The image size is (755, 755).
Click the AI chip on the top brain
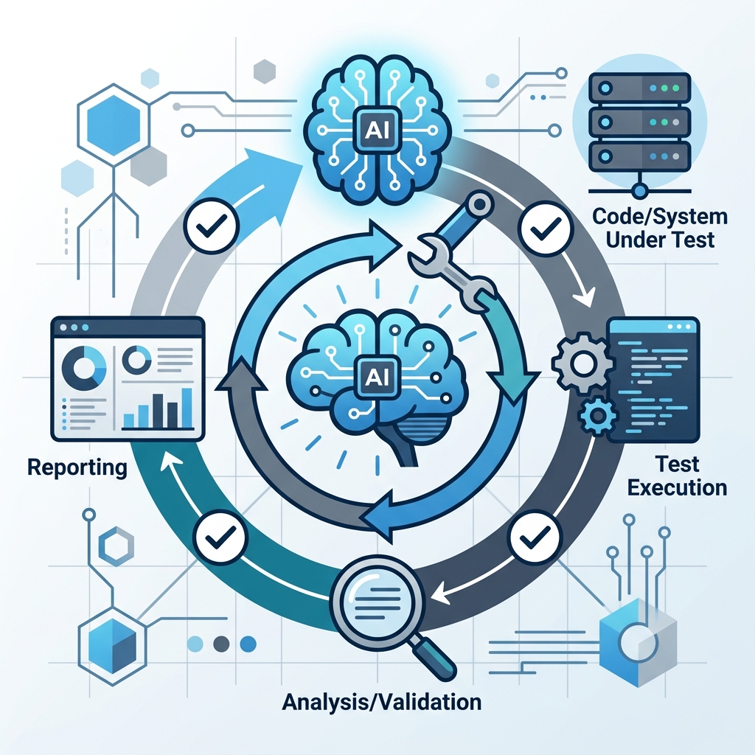[377, 129]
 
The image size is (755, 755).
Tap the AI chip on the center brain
[377, 377]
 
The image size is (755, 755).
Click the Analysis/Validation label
[381, 702]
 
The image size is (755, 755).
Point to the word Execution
[677, 488]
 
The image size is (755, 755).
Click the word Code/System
[660, 216]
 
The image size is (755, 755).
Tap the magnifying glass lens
[378, 599]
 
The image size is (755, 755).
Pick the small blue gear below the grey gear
[597, 415]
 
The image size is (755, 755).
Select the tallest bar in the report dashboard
[187, 408]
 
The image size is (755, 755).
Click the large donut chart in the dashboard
[84, 369]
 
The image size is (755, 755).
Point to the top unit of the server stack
[639, 88]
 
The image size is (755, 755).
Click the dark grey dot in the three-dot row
[221, 643]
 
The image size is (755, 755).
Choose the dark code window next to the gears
[653, 380]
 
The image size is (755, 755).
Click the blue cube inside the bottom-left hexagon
[112, 646]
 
